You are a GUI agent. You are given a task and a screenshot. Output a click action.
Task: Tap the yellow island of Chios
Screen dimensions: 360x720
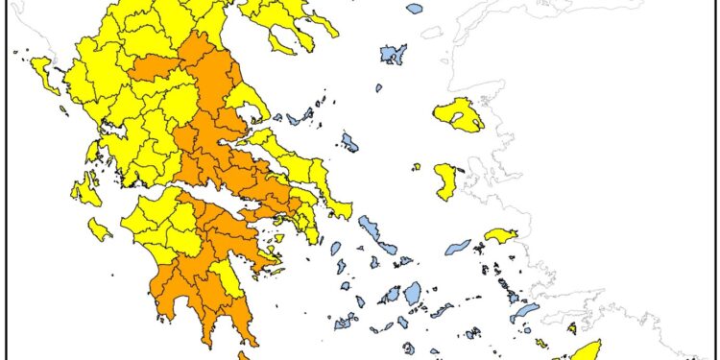tap(445, 181)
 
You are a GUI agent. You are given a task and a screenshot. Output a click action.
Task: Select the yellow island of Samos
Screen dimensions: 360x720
tap(500, 235)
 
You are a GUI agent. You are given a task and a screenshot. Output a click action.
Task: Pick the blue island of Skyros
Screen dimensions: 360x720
tap(349, 143)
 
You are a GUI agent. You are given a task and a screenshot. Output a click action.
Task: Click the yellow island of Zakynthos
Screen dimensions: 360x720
tap(99, 229)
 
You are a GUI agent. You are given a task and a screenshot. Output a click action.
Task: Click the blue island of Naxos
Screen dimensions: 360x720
tap(412, 292)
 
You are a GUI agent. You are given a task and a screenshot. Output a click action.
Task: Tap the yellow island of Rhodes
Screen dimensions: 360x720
tap(585, 349)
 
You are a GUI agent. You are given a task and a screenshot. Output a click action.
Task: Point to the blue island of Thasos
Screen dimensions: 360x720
tap(414, 8)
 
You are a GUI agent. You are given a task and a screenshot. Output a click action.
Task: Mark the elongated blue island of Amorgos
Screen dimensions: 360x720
tap(443, 310)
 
